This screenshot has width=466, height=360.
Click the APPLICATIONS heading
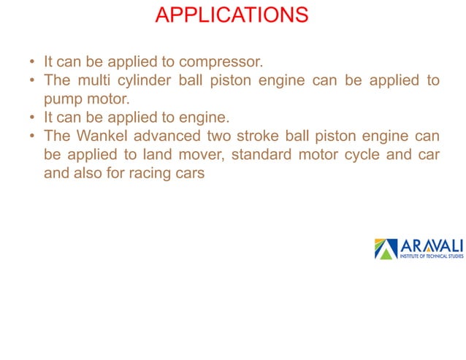pyautogui.click(x=232, y=15)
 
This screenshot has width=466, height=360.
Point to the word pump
pyautogui.click(x=64, y=99)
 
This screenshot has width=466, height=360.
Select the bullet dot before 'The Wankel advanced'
pyautogui.click(x=32, y=138)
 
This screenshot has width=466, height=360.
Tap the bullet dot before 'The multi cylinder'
pyautogui.click(x=32, y=81)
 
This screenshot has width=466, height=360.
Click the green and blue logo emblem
pyautogui.click(x=386, y=249)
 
